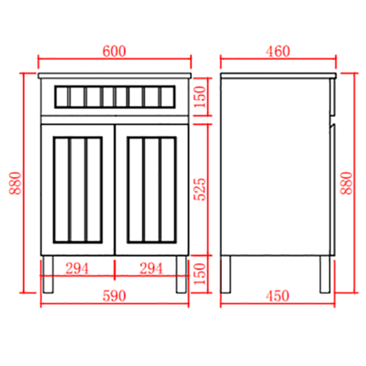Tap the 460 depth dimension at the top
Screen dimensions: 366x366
point(278,51)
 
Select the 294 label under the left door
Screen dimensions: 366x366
point(77,268)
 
